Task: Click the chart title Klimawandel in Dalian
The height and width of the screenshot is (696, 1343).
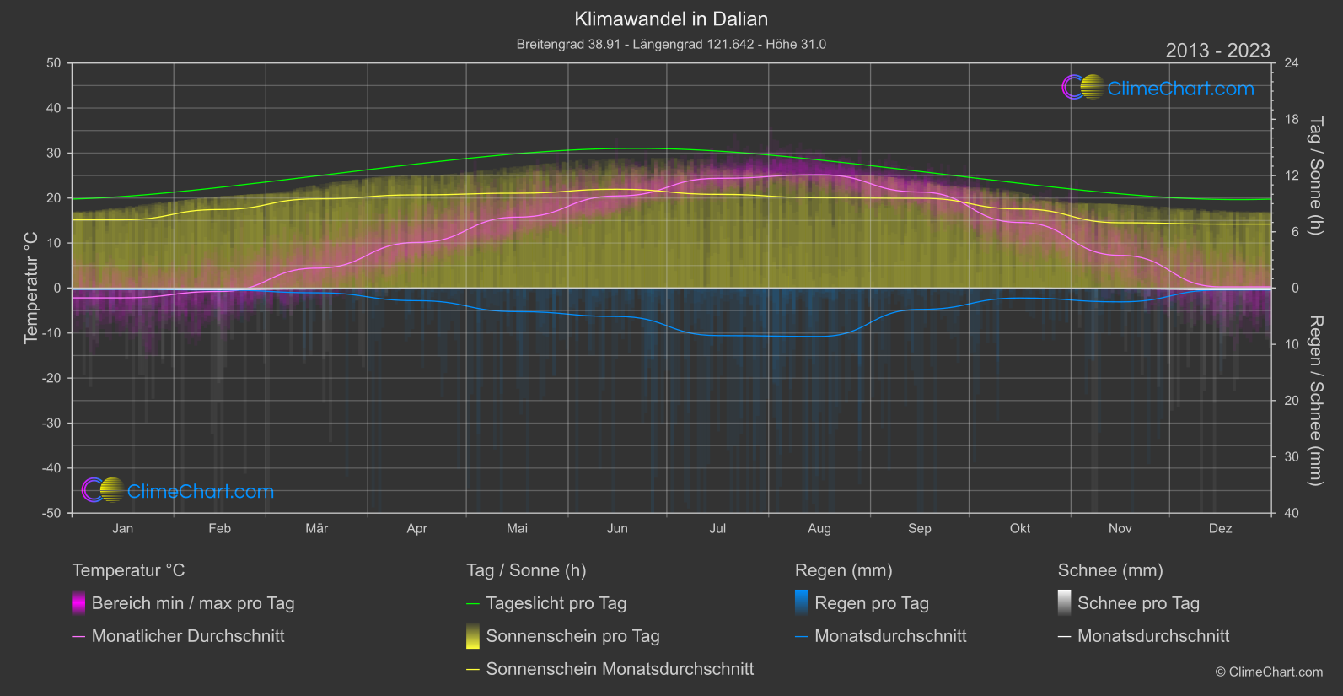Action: pyautogui.click(x=671, y=19)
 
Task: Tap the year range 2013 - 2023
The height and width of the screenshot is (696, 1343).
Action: pyautogui.click(x=1217, y=51)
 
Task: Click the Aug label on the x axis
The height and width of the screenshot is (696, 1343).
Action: pyautogui.click(x=819, y=528)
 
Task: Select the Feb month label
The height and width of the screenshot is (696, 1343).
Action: pyautogui.click(x=219, y=528)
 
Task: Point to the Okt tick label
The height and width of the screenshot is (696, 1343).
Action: pyautogui.click(x=1019, y=528)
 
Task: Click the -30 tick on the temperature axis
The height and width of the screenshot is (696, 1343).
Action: pyautogui.click(x=52, y=424)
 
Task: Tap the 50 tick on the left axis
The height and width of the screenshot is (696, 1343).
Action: pyautogui.click(x=54, y=63)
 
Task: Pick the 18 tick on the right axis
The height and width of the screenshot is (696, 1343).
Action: pyautogui.click(x=1292, y=120)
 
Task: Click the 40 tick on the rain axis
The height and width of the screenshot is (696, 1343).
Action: pyautogui.click(x=1292, y=513)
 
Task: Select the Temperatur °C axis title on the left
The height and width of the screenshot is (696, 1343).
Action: pyautogui.click(x=31, y=288)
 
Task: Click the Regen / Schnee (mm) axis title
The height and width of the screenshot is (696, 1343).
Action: pyautogui.click(x=1315, y=401)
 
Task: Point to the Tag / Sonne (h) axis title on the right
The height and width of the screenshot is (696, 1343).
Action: pyautogui.click(x=1315, y=176)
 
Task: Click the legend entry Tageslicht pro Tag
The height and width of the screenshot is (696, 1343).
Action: pyautogui.click(x=556, y=603)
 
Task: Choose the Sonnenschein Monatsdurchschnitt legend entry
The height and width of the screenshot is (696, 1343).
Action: pyautogui.click(x=620, y=669)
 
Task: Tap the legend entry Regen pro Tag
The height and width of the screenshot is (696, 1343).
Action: pyautogui.click(x=871, y=603)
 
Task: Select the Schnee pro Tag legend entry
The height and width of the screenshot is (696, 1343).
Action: pyautogui.click(x=1137, y=603)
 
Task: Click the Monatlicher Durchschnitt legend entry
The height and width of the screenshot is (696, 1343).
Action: pyautogui.click(x=187, y=636)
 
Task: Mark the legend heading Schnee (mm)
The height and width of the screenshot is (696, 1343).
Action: pyautogui.click(x=1110, y=570)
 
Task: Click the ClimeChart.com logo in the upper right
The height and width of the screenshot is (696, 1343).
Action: pyautogui.click(x=1158, y=88)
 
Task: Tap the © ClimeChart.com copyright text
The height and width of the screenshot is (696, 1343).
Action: pyautogui.click(x=1269, y=672)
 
